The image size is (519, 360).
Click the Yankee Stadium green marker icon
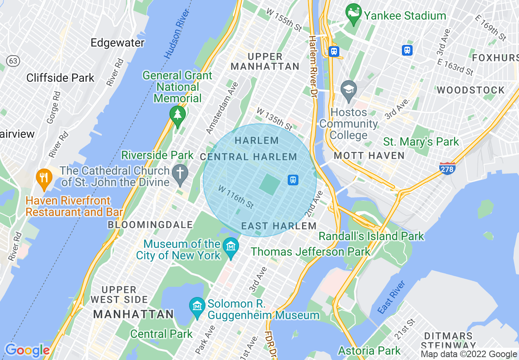coord(353,14)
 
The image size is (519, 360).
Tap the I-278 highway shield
coord(447,168)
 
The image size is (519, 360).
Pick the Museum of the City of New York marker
coord(231,248)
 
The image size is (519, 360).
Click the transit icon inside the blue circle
coord(293,180)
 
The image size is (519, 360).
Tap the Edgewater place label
coord(117,43)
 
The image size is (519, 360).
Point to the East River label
coord(391,297)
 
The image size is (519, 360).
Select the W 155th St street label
coord(284,19)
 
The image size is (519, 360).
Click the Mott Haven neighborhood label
coord(369,155)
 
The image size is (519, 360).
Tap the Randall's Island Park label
coord(371,236)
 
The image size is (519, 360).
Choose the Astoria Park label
coord(370,351)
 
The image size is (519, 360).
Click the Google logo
coord(27,351)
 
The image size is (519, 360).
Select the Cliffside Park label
coord(60,78)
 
